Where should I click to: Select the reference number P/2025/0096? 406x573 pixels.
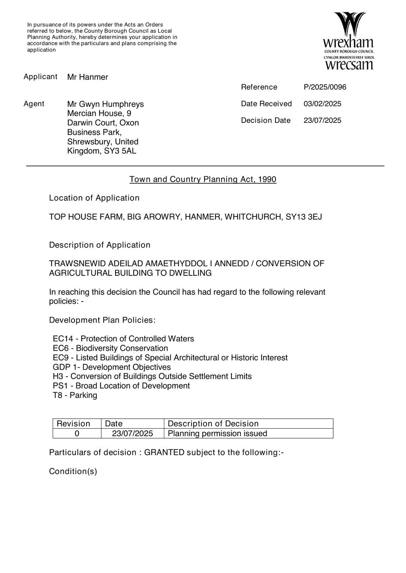point(325,87)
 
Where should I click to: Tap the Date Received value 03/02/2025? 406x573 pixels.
point(322,104)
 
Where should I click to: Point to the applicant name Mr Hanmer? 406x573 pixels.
point(88,77)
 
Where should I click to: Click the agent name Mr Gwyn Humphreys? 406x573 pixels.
point(105,104)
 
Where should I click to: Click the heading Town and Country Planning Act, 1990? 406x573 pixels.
point(203,179)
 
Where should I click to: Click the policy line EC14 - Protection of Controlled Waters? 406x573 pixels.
point(123,339)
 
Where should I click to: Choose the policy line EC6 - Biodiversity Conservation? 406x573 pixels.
point(110,348)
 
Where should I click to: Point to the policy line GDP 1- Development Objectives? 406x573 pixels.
point(112,367)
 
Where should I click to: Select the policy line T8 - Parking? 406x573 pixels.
point(75,395)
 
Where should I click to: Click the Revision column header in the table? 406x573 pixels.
point(74,424)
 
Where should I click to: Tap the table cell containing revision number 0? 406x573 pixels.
point(77,433)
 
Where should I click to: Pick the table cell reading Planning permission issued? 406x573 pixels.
point(217,433)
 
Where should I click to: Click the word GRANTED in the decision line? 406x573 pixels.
point(164,452)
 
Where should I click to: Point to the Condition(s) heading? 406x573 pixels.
point(73,471)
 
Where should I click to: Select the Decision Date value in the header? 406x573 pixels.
point(322,120)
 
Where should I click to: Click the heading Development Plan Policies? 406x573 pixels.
point(102,320)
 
